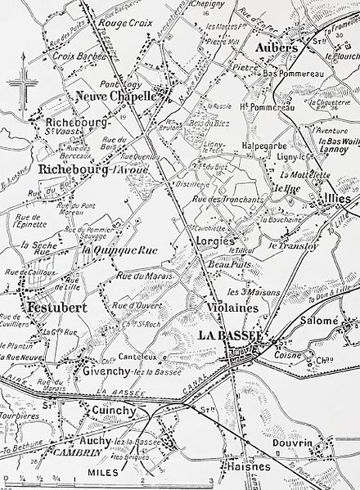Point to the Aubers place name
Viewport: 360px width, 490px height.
(276, 48)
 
